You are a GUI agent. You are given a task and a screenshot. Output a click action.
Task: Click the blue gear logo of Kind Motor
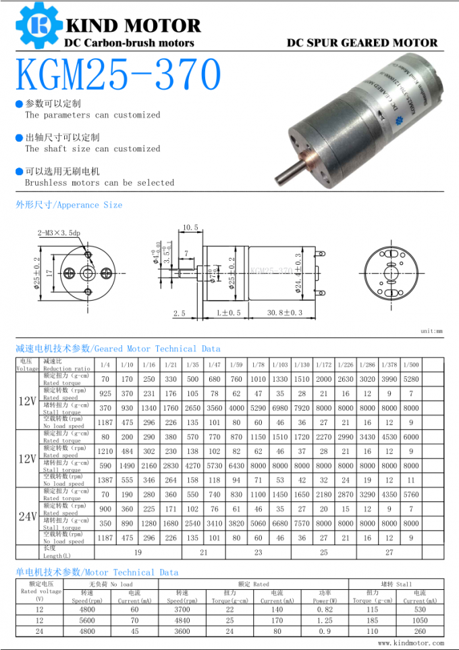pyautogui.click(x=38, y=25)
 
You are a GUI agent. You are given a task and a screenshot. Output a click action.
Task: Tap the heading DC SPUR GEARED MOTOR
pyautogui.click(x=362, y=43)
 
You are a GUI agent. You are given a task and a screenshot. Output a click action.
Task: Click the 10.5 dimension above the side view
pyautogui.click(x=190, y=228)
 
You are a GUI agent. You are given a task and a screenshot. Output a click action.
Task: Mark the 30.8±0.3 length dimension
pyautogui.click(x=285, y=313)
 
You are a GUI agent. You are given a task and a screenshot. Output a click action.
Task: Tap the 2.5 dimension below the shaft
pyautogui.click(x=179, y=314)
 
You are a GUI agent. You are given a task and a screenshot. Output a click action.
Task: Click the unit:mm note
pyautogui.click(x=431, y=332)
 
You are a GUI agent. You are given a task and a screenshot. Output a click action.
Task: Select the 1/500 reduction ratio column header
pyautogui.click(x=410, y=365)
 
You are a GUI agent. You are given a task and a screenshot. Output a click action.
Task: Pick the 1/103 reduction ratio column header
pyautogui.click(x=280, y=365)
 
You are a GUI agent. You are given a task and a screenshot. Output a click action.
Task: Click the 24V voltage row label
pyautogui.click(x=27, y=517)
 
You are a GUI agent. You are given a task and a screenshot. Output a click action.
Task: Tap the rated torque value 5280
pyautogui.click(x=410, y=380)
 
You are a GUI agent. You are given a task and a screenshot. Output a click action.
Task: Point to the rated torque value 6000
pyautogui.click(x=410, y=437)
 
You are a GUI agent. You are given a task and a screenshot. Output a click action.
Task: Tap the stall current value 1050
pyautogui.click(x=420, y=620)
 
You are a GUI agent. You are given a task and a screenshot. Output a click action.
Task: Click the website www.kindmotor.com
pyautogui.click(x=410, y=643)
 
